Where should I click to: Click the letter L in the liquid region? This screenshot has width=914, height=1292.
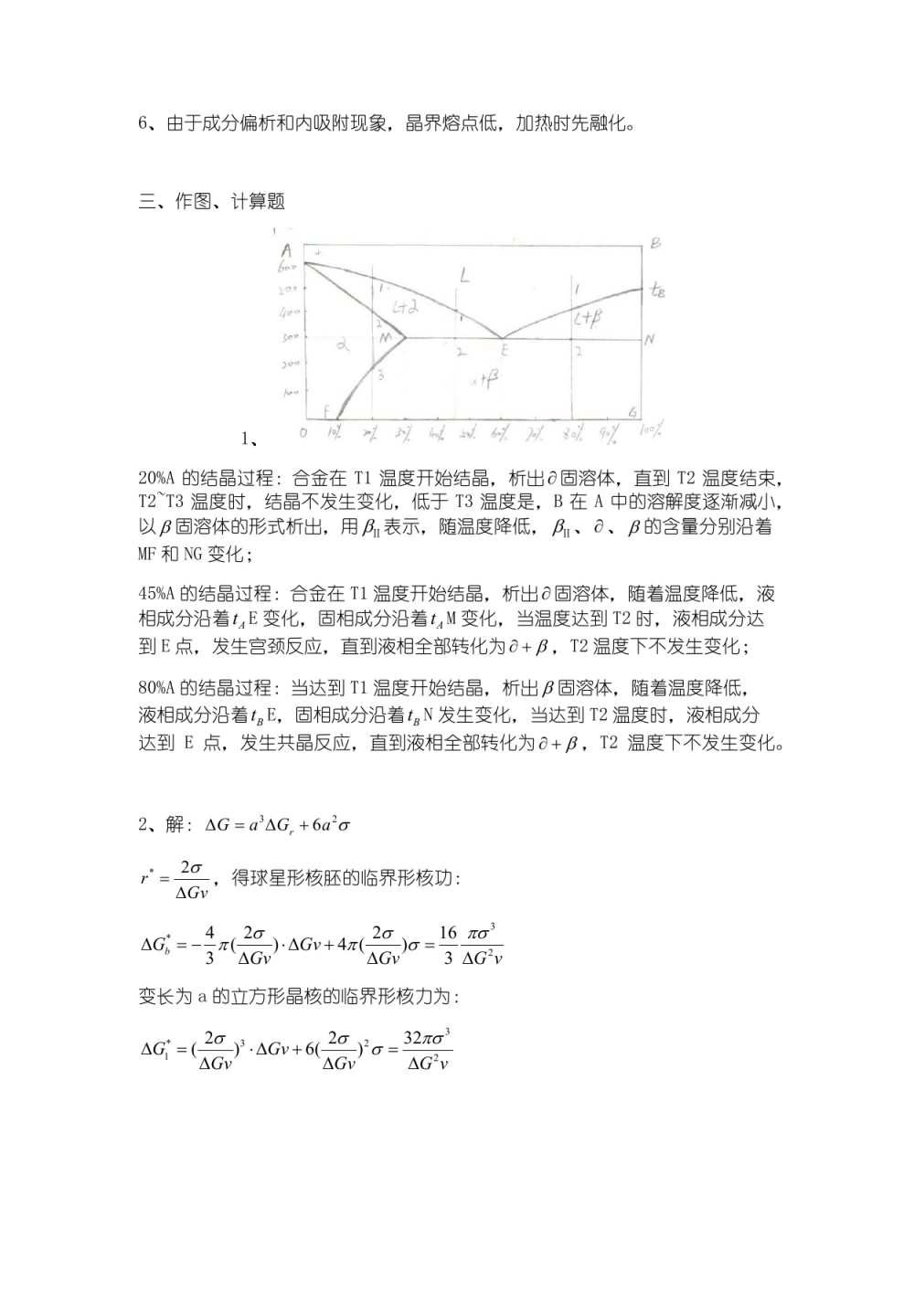click(x=464, y=274)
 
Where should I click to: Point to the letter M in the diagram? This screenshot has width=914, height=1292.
click(x=385, y=339)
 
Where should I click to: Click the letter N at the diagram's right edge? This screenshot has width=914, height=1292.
click(x=650, y=339)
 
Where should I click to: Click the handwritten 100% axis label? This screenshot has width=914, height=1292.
click(x=651, y=430)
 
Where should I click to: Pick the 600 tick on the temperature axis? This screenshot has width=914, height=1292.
click(x=287, y=267)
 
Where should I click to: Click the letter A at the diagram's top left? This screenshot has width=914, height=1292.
click(x=286, y=250)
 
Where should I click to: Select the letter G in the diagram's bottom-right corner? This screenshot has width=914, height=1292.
click(x=632, y=412)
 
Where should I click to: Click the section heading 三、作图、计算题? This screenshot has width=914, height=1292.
click(x=211, y=201)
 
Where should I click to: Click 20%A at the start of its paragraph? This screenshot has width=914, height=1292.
click(x=155, y=478)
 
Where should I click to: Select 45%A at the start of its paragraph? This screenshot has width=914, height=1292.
click(x=155, y=593)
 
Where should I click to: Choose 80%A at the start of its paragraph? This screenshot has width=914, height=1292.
click(x=155, y=688)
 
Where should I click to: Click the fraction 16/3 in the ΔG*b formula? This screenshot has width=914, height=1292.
click(x=448, y=945)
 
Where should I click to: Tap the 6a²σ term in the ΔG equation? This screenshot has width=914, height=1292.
click(x=331, y=825)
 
